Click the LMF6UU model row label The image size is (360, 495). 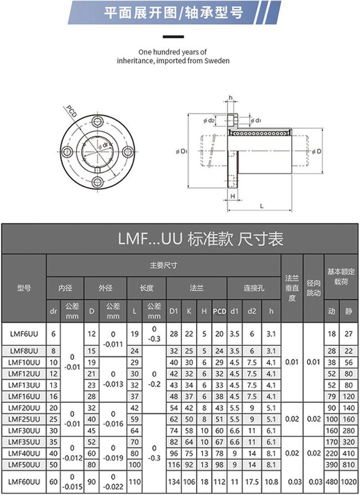(x=24, y=334)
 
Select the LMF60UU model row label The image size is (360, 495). (x=24, y=482)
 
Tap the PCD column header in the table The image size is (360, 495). (x=219, y=311)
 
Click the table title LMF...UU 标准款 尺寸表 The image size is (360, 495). (x=201, y=238)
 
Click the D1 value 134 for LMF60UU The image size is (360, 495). (x=174, y=482)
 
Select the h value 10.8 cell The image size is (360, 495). (x=270, y=482)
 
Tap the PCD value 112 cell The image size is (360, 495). (x=219, y=482)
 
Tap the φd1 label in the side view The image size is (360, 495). (x=257, y=120)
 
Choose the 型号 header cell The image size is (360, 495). (x=24, y=288)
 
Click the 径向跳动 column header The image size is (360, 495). (x=313, y=288)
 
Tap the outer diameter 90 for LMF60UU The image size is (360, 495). (x=91, y=482)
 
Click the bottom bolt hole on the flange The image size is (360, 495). (x=97, y=181)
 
